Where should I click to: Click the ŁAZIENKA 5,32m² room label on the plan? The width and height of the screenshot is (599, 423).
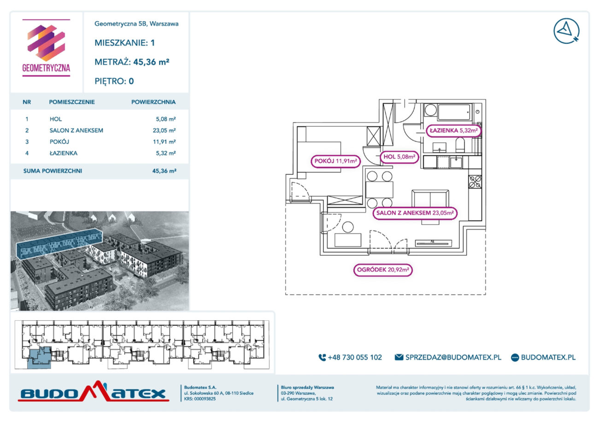click(x=453, y=130)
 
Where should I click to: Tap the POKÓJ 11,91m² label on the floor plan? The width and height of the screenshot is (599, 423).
click(x=335, y=161)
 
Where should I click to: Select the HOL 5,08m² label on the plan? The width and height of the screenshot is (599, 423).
click(x=399, y=157)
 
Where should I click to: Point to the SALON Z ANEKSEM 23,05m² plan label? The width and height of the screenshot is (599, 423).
click(x=415, y=213)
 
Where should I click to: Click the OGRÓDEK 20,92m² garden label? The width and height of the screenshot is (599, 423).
click(x=383, y=270)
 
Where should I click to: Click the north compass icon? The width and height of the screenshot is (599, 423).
click(x=566, y=31)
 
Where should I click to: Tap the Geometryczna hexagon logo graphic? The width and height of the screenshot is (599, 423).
click(x=46, y=43)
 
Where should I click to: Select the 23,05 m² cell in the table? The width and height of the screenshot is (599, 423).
click(x=164, y=130)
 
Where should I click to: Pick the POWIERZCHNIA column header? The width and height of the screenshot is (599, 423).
click(x=153, y=102)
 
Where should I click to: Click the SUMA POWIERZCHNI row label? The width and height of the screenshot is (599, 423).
click(x=53, y=171)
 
